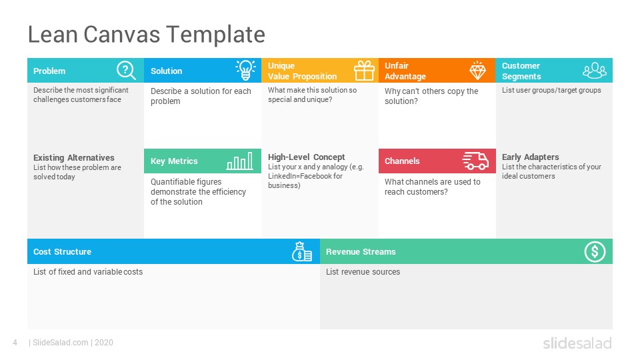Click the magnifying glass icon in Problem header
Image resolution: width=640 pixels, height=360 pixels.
[126, 70]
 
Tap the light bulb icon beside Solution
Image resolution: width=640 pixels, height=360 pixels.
[245, 70]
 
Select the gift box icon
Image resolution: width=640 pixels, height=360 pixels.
[364, 70]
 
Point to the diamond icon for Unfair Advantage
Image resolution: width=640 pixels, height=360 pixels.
[478, 70]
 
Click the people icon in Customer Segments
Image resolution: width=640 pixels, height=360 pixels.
[594, 70]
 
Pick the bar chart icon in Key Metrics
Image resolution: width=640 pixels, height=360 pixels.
[239, 161]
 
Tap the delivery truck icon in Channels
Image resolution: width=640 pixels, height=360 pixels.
[475, 161]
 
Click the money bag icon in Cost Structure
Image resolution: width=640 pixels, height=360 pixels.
[302, 252]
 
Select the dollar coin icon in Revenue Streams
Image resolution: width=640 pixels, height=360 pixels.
[595, 251]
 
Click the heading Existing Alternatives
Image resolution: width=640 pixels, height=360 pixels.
[74, 158]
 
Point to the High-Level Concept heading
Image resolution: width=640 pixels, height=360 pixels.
[307, 157]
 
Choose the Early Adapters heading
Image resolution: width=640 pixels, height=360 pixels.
[531, 157]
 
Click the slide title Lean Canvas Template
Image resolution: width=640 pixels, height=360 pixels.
[146, 34]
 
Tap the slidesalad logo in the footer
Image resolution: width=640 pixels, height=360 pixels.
[577, 343]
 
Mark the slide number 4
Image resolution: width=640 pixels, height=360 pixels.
[15, 343]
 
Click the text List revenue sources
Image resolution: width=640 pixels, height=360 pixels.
[363, 272]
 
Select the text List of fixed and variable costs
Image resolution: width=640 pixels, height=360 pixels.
[88, 272]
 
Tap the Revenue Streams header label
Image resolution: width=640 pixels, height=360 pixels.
[361, 252]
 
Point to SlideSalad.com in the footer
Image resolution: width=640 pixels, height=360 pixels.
[60, 343]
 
